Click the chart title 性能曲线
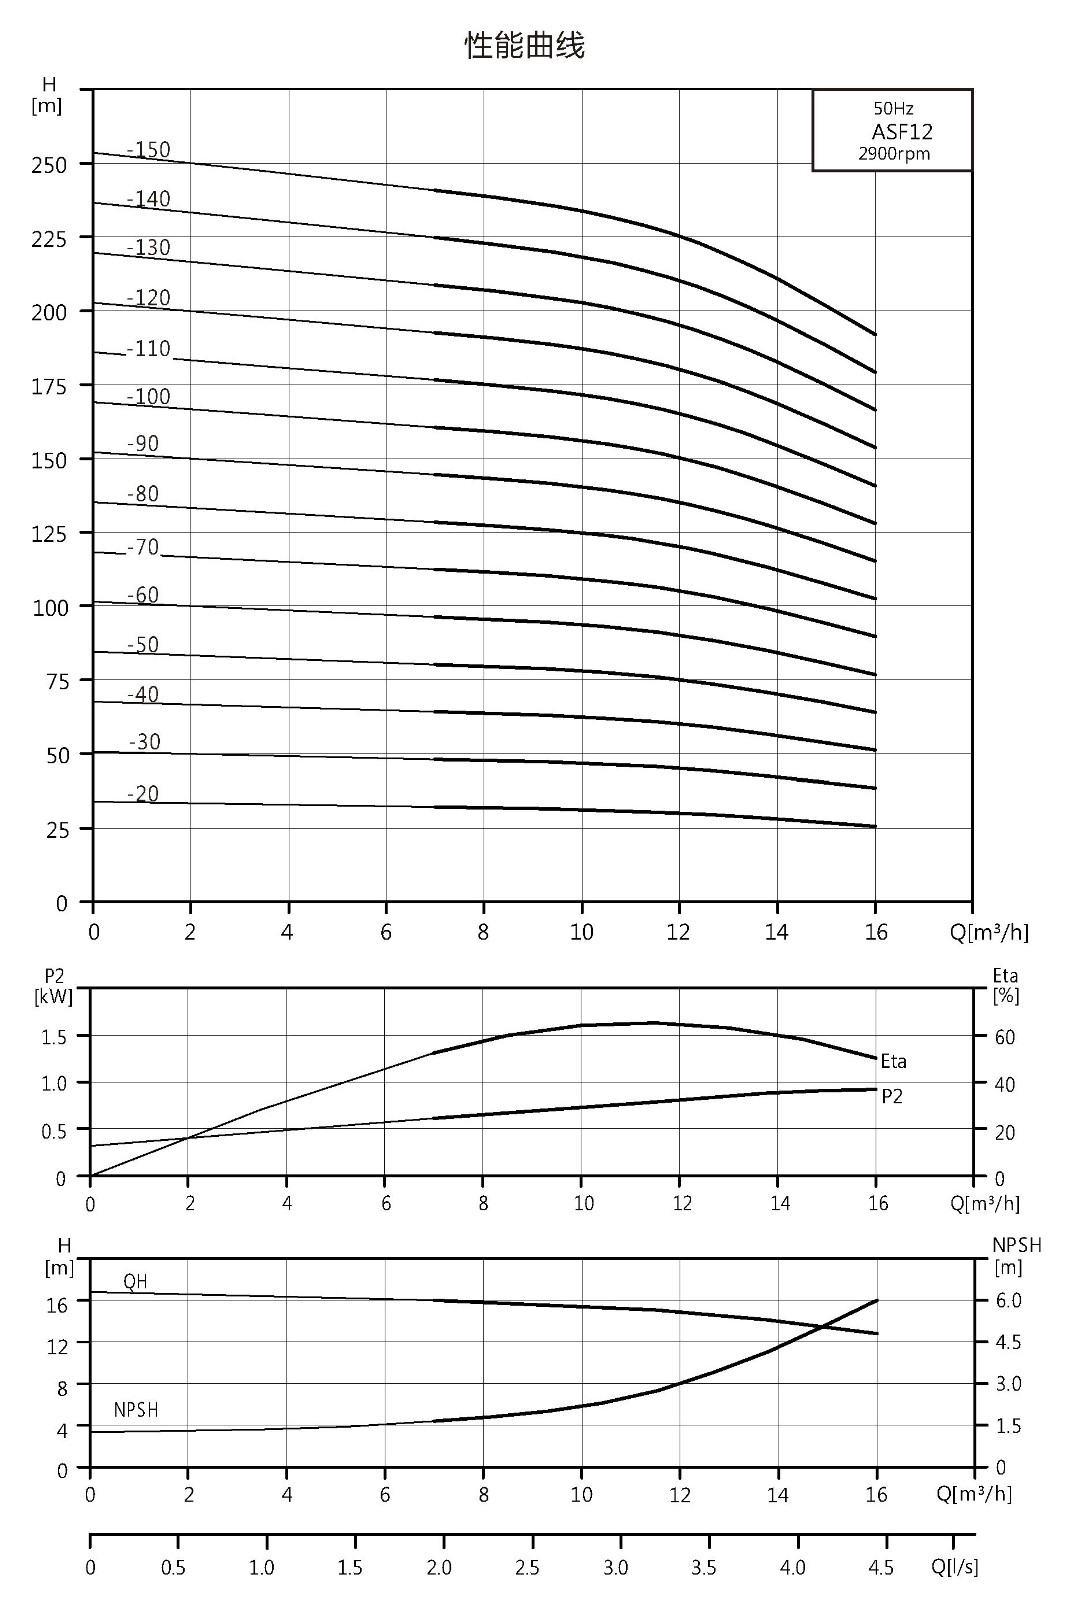tap(525, 45)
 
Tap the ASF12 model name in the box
tap(902, 131)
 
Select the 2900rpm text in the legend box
tap(895, 154)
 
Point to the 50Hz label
tap(893, 109)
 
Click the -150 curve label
tap(149, 149)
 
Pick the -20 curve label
tap(143, 794)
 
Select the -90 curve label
tap(143, 444)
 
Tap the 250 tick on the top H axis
tap(49, 165)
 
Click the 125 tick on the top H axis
tap(49, 534)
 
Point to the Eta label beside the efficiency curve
tap(893, 1061)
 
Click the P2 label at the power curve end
tap(892, 1096)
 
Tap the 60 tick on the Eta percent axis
tap(1005, 1036)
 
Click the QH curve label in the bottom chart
tap(135, 1281)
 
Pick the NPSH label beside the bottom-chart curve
tap(136, 1410)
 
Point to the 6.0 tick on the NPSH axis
tap(1008, 1300)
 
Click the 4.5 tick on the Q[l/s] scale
tap(880, 1568)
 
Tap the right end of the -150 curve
tap(875, 334)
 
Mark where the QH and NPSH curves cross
tap(822, 1326)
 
